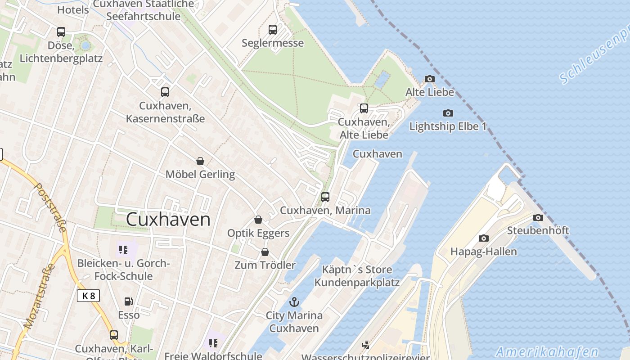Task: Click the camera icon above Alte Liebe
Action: [x=430, y=79]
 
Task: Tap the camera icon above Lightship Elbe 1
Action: [x=448, y=113]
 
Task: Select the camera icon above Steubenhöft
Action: [x=538, y=218]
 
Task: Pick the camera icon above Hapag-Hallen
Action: [x=484, y=238]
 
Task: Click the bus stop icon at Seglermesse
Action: [x=273, y=30]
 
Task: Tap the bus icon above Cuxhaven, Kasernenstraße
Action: [x=165, y=92]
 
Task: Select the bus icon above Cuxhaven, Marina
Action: [x=325, y=197]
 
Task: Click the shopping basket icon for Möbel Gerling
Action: [x=200, y=161]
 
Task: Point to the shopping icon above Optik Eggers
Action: [x=258, y=220]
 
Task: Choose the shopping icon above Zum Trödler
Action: [x=265, y=252]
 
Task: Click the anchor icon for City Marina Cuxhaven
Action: [x=294, y=302]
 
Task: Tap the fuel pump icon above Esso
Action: [x=129, y=301]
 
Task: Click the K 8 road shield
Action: [x=88, y=296]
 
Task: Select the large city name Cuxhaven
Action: [x=168, y=220]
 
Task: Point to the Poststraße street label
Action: [x=51, y=207]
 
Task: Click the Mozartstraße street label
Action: [x=40, y=297]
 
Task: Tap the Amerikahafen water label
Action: [x=547, y=352]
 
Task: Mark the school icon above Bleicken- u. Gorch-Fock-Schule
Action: [x=123, y=249]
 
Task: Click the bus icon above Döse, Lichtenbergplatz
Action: [x=61, y=32]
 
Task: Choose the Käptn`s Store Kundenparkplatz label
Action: [x=357, y=276]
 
